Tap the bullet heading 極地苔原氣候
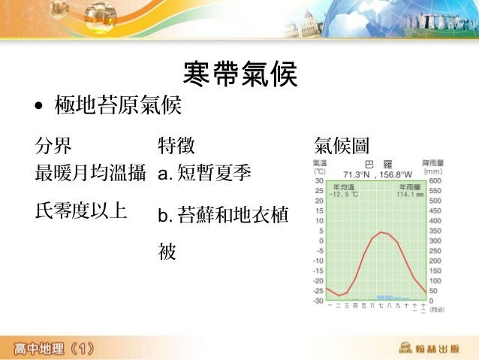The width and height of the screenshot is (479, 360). tap(118, 106)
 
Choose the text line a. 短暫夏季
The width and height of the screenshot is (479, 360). tap(204, 175)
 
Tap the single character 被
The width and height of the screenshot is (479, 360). tap(167, 252)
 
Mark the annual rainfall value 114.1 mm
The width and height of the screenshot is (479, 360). tap(410, 194)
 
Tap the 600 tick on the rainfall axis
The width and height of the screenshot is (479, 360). tap(435, 180)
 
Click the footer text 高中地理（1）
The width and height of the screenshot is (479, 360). tap(53, 348)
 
